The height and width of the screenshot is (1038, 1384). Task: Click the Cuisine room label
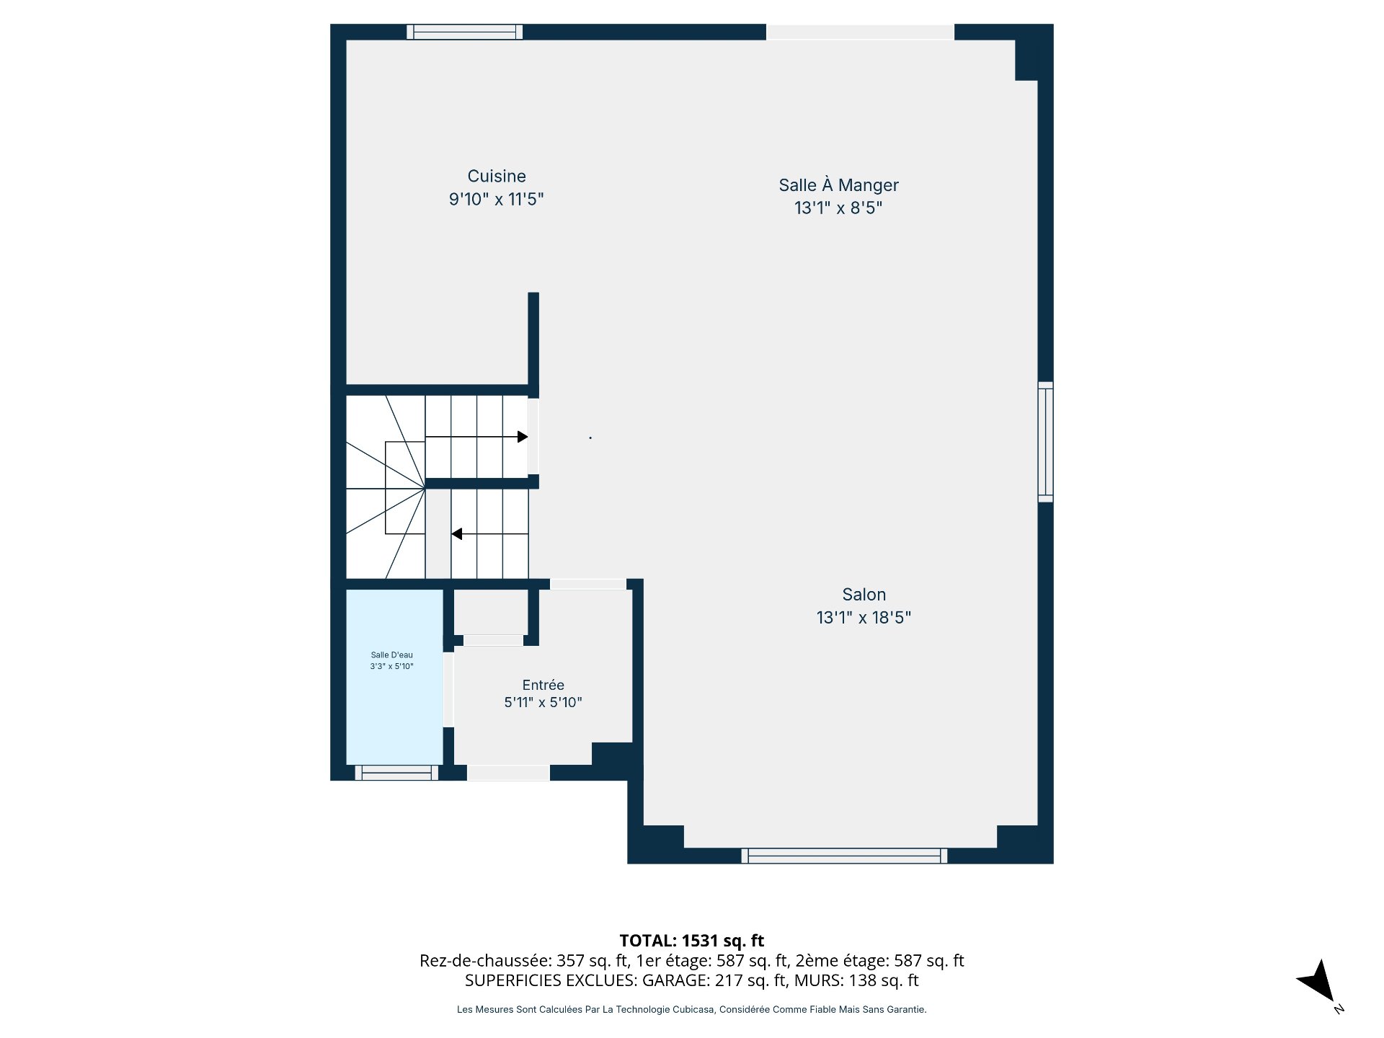497,176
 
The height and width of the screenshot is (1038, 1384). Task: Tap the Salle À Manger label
838,185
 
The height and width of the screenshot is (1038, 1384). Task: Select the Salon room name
864,595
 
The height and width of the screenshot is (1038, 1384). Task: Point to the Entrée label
543,685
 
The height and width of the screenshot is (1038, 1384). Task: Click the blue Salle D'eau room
394,677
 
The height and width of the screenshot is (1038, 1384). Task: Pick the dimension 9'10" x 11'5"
496,199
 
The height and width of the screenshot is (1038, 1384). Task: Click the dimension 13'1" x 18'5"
864,618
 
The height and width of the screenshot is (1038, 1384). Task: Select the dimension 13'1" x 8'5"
838,208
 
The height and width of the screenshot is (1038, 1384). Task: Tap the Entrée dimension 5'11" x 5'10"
543,702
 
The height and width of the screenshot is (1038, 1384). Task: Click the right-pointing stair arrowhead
523,437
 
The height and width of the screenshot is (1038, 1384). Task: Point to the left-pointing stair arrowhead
457,534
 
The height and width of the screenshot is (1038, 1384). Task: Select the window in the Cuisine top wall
464,32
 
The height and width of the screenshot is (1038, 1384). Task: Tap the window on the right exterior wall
1045,442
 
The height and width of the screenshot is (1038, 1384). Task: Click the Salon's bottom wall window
844,856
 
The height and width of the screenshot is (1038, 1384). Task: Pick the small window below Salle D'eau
396,773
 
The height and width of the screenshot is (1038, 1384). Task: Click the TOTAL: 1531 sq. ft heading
692,941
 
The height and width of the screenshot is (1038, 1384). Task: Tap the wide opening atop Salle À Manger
860,32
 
